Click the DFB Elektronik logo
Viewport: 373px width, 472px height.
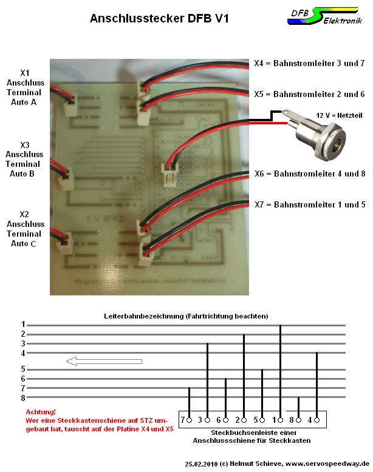(x=325, y=16)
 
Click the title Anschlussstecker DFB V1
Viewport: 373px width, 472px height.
(x=159, y=18)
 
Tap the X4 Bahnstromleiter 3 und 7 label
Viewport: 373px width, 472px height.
(x=309, y=63)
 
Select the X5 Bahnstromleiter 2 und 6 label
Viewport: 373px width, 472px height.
(x=309, y=94)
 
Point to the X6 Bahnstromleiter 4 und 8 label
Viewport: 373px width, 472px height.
(x=310, y=174)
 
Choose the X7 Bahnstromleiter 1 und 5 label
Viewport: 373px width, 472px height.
(x=310, y=204)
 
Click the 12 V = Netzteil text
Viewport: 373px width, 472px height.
(x=339, y=115)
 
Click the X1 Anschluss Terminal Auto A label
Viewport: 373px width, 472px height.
(x=25, y=87)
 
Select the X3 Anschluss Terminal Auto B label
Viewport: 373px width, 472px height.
(x=24, y=159)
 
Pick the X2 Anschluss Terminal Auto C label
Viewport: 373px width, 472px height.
(x=25, y=229)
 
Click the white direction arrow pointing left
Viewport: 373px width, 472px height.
(x=104, y=361)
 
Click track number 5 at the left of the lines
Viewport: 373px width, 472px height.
(x=23, y=369)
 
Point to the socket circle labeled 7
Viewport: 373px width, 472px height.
(x=190, y=420)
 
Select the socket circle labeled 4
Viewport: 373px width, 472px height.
(x=317, y=420)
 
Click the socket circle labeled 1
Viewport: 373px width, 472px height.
(x=281, y=420)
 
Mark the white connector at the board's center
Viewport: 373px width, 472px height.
(x=169, y=175)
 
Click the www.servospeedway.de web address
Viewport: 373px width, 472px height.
(x=327, y=464)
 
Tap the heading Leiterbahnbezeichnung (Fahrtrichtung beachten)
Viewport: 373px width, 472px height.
(x=186, y=316)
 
